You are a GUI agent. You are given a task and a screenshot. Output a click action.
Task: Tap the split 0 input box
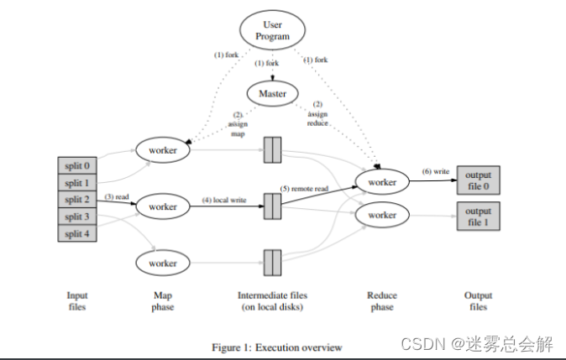(x=78, y=166)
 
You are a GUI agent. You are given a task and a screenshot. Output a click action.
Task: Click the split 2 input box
(x=78, y=200)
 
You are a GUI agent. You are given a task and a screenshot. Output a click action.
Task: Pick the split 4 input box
(x=78, y=233)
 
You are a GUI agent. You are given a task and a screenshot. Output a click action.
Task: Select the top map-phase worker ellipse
(x=163, y=149)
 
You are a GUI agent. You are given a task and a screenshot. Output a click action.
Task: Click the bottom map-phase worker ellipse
(x=163, y=263)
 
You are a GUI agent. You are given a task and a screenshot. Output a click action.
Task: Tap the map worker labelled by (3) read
(x=163, y=206)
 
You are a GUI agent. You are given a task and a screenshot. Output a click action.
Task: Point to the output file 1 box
(x=479, y=217)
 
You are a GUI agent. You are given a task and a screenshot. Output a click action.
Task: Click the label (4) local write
(x=226, y=200)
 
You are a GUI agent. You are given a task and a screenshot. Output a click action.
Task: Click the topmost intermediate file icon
(x=272, y=149)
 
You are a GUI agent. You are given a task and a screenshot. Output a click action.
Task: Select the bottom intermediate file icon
(x=272, y=263)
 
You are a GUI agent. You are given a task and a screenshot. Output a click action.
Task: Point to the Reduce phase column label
(x=381, y=301)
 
